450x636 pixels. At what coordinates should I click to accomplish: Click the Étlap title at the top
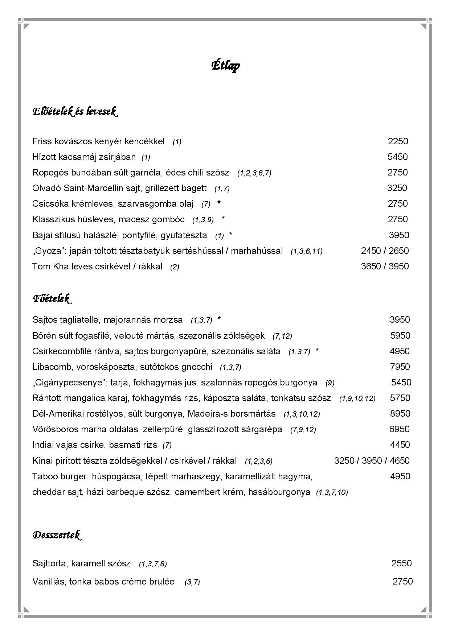click(x=225, y=66)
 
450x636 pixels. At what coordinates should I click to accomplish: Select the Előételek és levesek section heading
click(x=75, y=111)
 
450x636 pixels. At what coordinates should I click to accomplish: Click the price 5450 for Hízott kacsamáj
click(x=397, y=157)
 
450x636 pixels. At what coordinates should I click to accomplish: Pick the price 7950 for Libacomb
click(x=400, y=367)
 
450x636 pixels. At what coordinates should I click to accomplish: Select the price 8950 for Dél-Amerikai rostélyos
click(x=400, y=414)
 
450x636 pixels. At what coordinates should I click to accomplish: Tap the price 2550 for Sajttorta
click(x=401, y=563)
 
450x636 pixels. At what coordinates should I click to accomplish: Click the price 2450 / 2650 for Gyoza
click(x=385, y=251)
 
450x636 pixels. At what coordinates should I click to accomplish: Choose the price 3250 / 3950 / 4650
click(x=372, y=461)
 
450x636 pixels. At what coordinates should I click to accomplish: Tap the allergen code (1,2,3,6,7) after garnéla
click(x=254, y=173)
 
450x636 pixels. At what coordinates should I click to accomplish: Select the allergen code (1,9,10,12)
click(x=357, y=398)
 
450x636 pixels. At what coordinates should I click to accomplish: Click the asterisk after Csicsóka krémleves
click(x=219, y=203)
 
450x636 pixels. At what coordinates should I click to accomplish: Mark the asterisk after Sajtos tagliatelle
click(x=219, y=319)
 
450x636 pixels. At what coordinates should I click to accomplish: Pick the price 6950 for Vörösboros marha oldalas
click(x=399, y=429)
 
